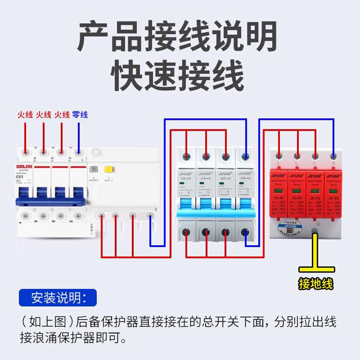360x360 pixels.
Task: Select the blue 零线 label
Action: (80, 115)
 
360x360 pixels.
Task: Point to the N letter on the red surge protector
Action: (333, 161)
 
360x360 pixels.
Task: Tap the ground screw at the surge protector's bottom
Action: (315, 231)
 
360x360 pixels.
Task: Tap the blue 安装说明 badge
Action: (58, 298)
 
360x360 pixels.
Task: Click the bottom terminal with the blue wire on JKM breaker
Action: (245, 233)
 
